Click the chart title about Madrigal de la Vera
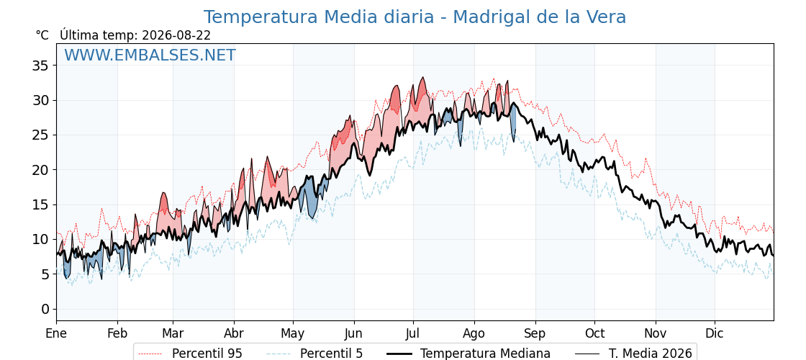point(415,17)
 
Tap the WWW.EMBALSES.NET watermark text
point(150,55)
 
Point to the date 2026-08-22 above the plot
point(176,35)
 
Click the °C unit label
point(42,35)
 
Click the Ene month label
point(56,333)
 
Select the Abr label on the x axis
point(234,333)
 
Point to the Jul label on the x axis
point(413,333)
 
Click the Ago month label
point(474,334)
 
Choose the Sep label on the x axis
point(535,334)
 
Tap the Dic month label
point(715,333)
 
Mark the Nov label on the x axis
point(656,333)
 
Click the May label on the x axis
point(293,334)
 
